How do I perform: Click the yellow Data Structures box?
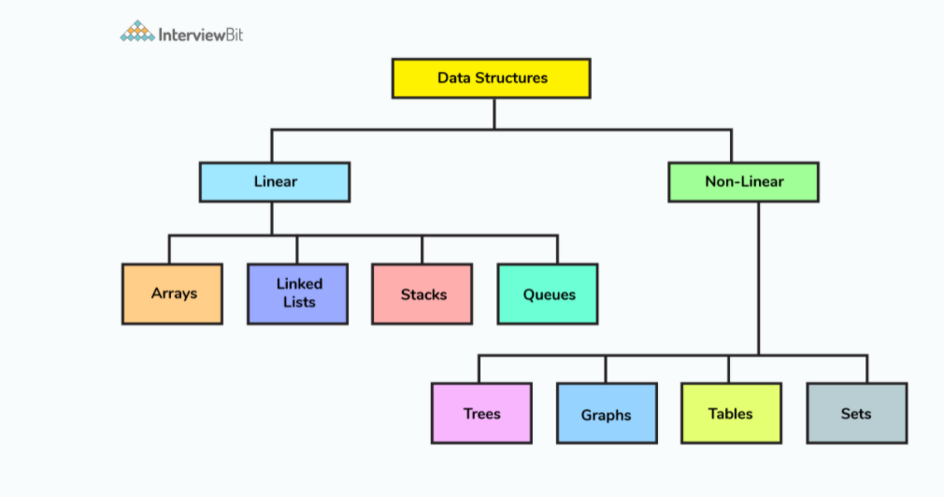click(x=491, y=78)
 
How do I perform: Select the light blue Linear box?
click(x=274, y=181)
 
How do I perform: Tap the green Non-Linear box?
click(x=743, y=181)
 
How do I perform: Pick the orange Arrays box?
click(x=172, y=293)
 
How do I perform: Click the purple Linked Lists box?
click(x=297, y=293)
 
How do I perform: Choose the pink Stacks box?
click(x=422, y=293)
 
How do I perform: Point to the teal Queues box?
click(x=547, y=293)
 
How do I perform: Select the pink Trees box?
click(x=481, y=413)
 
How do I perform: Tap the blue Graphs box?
click(x=606, y=413)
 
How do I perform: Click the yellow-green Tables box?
click(x=731, y=413)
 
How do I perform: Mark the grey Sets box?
click(x=856, y=413)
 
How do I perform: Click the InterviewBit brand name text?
click(x=201, y=35)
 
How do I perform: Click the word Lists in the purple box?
click(x=299, y=303)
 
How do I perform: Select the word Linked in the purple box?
click(x=299, y=284)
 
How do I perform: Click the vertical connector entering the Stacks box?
click(x=422, y=249)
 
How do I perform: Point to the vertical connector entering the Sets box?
click(x=867, y=369)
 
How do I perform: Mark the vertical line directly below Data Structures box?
click(x=494, y=112)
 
